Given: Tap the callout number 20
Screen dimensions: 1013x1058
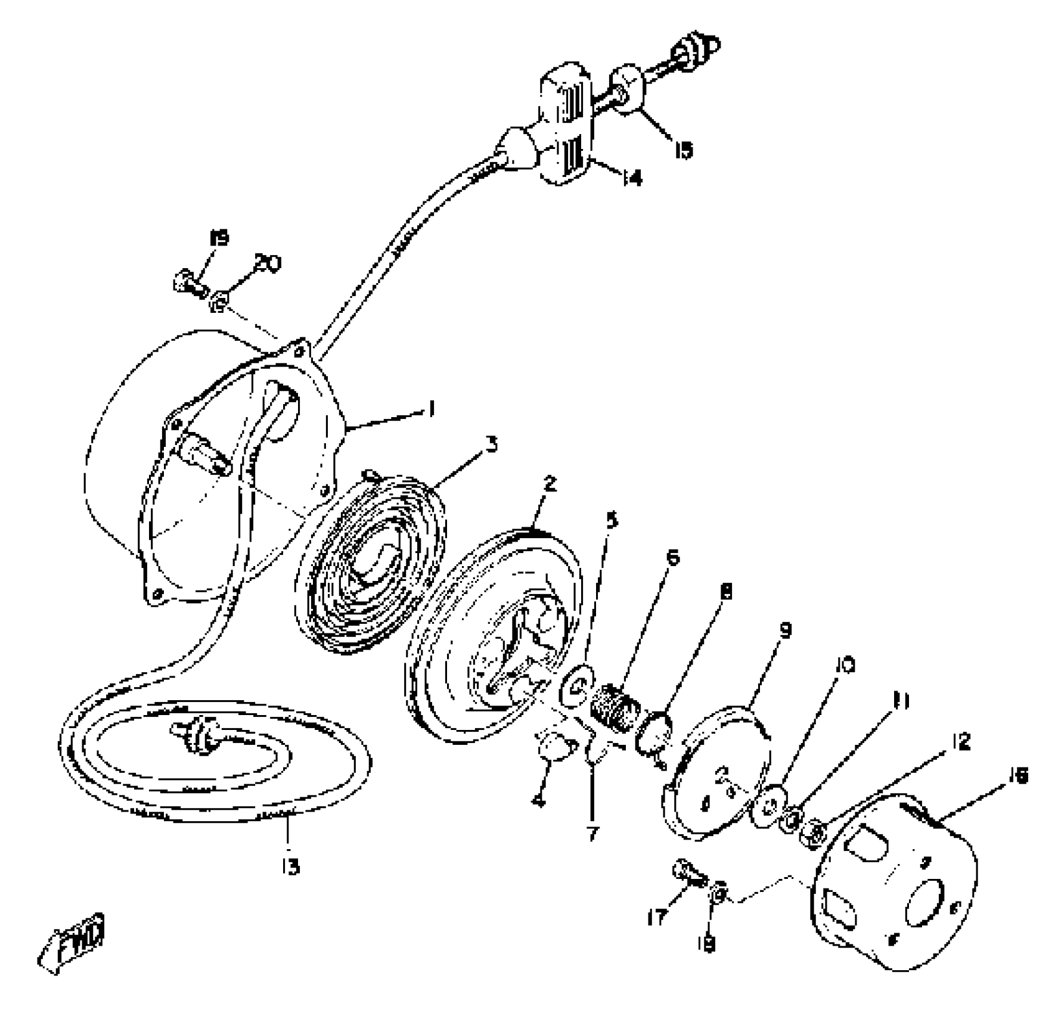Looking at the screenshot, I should coord(268,263).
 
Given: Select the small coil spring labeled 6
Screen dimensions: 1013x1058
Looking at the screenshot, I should coord(616,708).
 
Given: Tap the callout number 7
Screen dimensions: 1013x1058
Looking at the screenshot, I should coord(591,833).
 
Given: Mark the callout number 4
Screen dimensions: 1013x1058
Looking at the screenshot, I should coord(539,801).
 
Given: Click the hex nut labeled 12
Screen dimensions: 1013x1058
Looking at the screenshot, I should coord(816,832).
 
